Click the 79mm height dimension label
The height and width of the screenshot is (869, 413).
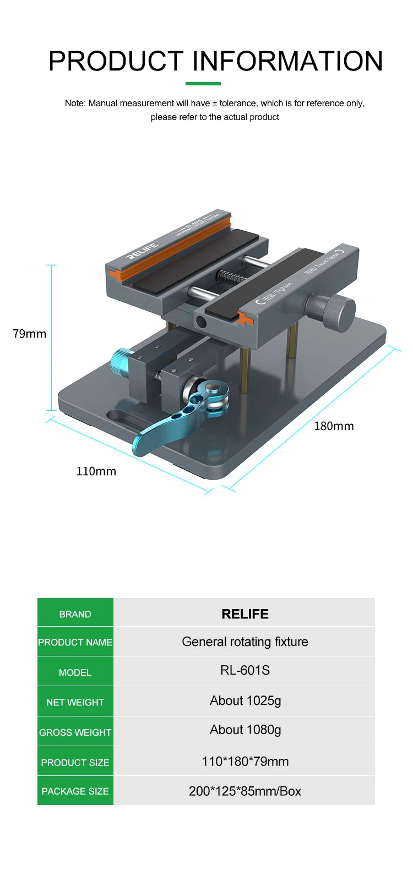coord(30,334)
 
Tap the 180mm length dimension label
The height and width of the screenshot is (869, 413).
coord(334,426)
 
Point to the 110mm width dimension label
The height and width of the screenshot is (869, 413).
coord(96,471)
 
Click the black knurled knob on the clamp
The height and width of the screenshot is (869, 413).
coord(332,312)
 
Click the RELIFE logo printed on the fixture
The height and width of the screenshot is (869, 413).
coord(143,251)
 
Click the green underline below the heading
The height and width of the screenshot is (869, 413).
coord(203,84)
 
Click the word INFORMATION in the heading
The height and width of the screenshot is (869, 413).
coord(287,61)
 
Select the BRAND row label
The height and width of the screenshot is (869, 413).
coord(75,614)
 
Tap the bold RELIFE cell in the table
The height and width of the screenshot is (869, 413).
coord(245,614)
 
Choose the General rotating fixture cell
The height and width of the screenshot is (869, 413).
coord(245,642)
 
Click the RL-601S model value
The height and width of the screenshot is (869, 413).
coord(245,670)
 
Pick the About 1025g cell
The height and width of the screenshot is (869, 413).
coord(246,700)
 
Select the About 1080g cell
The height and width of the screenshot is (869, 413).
coord(246,730)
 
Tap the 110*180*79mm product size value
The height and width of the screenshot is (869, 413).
coord(245,762)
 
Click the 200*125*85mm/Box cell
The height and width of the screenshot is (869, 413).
coord(245,791)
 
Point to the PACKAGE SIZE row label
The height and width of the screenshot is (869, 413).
coord(75,791)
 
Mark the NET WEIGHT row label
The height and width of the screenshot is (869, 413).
coord(75,702)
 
